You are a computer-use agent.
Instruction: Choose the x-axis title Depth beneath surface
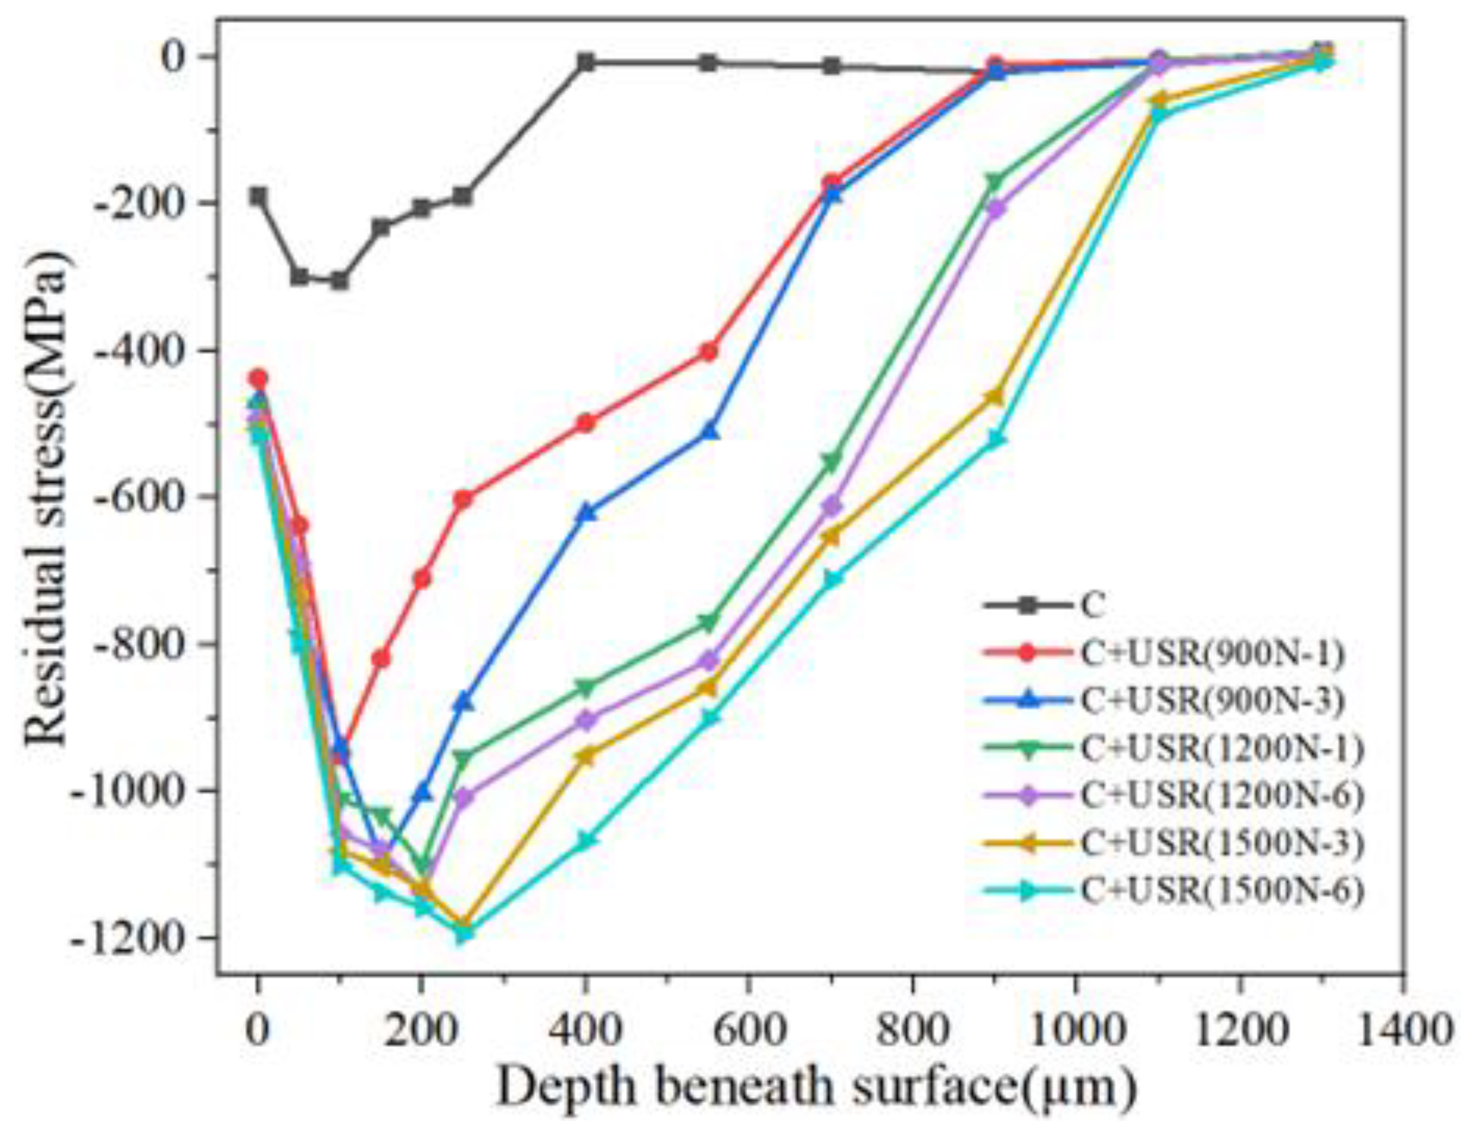point(816,1087)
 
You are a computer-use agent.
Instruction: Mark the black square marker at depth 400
point(586,62)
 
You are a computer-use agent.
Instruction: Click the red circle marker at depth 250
point(463,499)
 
